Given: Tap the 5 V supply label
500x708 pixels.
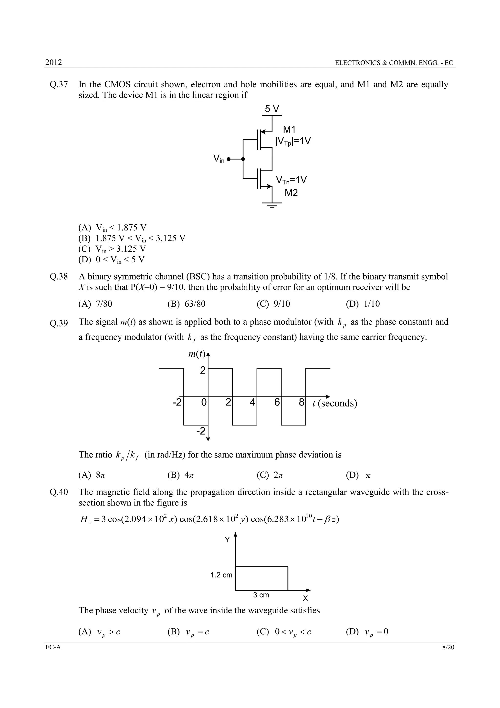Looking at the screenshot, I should pyautogui.click(x=272, y=109).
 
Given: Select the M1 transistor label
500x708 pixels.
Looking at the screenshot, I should pyautogui.click(x=289, y=130).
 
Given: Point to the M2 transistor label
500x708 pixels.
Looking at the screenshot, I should pyautogui.click(x=291, y=193).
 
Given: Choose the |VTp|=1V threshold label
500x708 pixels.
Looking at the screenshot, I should pyautogui.click(x=293, y=142).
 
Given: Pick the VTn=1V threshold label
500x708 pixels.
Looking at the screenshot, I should pyautogui.click(x=291, y=180).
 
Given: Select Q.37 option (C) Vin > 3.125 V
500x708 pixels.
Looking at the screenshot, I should pyautogui.click(x=112, y=249).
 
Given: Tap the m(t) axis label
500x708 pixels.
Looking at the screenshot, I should pyautogui.click(x=197, y=354).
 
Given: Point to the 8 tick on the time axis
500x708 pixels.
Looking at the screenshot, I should pyautogui.click(x=302, y=402).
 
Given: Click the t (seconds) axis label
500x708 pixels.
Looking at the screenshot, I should pyautogui.click(x=334, y=403).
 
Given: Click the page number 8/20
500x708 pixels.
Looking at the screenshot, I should pyautogui.click(x=448, y=647).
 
